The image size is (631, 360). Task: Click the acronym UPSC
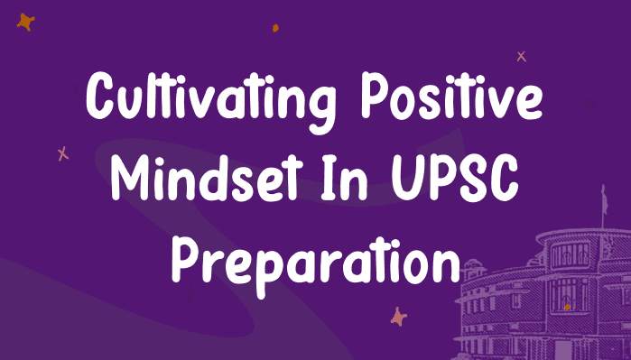point(466,180)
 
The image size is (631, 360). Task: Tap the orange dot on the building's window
point(567,307)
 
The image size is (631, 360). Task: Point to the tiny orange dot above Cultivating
point(274,28)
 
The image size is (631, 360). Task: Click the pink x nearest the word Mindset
point(62,154)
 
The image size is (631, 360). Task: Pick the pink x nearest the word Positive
point(521,56)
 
